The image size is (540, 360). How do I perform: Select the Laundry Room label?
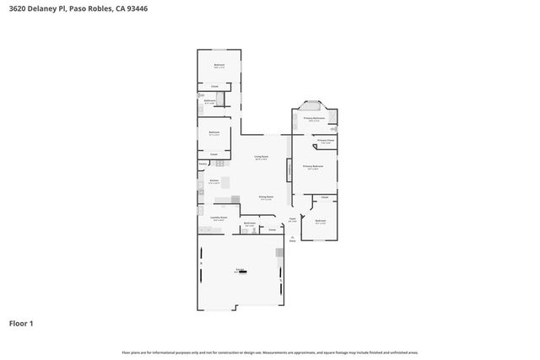click(219, 217)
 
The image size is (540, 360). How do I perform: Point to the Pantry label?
click(203, 163)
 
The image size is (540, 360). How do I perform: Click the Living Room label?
click(262, 158)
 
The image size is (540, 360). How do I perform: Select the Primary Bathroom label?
click(314, 119)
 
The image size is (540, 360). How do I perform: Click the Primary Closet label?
click(325, 142)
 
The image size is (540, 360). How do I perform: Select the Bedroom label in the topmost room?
click(219, 66)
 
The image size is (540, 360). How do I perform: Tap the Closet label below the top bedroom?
click(214, 86)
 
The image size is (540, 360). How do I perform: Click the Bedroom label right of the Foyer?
click(320, 221)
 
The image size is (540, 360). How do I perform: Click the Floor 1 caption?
click(20, 323)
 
